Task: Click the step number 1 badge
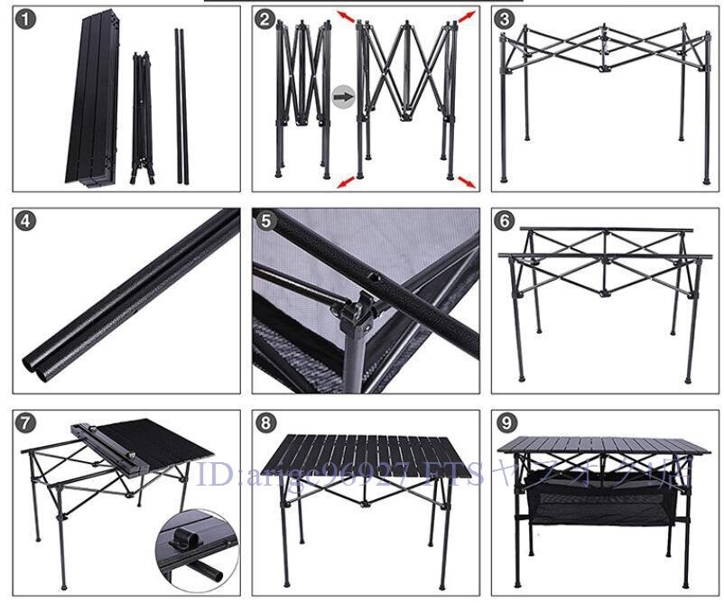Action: coord(25,19)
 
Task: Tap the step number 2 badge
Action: coord(264,19)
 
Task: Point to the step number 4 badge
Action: coord(25,221)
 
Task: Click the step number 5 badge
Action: coord(264,221)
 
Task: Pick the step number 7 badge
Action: coord(25,422)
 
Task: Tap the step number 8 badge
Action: coord(264,422)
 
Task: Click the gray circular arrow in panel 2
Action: coord(343,96)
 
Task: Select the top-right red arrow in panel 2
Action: coord(466,17)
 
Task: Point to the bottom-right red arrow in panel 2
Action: coord(467,182)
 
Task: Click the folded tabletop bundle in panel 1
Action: coord(90,99)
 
